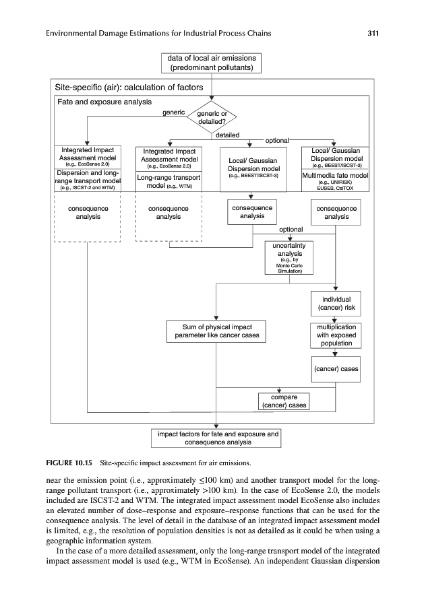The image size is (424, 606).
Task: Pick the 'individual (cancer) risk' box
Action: (336, 304)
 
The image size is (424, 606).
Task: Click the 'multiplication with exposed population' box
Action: (336, 335)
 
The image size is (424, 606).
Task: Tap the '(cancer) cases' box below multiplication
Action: (336, 368)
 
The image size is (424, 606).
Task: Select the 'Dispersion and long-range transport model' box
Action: (88, 180)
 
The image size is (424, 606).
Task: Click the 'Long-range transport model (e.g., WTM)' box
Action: (169, 181)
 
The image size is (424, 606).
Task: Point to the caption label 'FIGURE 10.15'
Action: (69, 463)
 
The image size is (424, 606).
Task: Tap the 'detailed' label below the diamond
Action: (227, 135)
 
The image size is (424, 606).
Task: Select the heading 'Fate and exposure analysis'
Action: (103, 102)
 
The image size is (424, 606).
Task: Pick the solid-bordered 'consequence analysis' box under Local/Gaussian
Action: (251, 212)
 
